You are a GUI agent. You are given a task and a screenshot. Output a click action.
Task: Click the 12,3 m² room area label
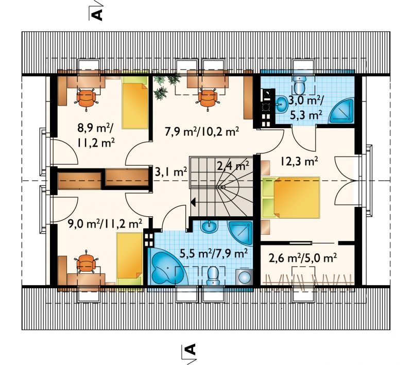299,161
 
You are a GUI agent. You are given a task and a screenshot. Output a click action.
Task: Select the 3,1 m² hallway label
171,172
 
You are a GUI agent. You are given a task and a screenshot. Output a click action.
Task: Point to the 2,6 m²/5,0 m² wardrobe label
303,258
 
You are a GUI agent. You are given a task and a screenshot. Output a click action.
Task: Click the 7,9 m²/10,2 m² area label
202,132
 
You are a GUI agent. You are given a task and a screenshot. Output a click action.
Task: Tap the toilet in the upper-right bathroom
299,85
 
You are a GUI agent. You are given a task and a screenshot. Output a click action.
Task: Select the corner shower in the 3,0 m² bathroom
342,110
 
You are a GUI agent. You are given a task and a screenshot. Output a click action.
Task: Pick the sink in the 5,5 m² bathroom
210,227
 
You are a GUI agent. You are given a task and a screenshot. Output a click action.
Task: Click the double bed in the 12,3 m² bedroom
291,198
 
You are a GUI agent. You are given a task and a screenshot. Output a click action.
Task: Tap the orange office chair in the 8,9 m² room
86,98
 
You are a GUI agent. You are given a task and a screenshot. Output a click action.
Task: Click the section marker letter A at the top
97,15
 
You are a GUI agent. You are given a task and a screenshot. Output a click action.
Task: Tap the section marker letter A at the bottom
191,349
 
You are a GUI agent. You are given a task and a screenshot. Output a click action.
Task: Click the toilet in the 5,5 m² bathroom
213,276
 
